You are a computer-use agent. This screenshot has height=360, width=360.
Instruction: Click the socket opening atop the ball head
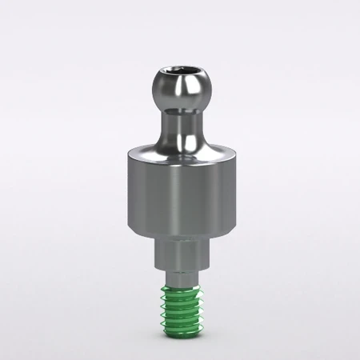179,75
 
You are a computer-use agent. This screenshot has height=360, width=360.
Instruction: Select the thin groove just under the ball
179,110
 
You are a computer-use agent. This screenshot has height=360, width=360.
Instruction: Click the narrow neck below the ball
179,124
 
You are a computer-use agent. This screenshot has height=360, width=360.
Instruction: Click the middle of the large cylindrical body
179,192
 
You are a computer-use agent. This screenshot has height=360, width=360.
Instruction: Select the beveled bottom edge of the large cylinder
179,233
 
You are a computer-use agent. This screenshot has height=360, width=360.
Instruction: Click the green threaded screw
180,308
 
